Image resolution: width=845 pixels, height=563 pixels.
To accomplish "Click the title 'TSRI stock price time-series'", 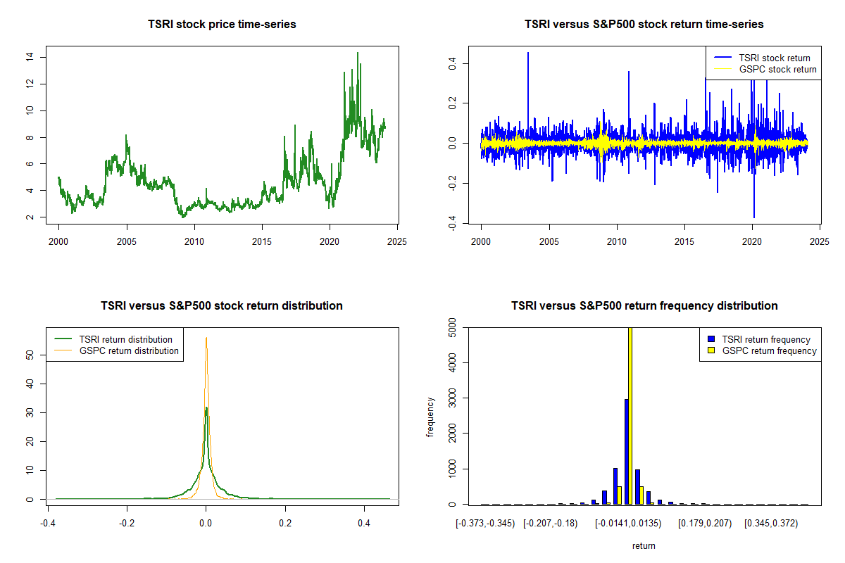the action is (x=222, y=24).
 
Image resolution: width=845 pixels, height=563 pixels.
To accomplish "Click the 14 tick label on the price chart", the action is (x=30, y=57).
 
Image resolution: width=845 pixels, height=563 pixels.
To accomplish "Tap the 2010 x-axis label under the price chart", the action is (x=194, y=241).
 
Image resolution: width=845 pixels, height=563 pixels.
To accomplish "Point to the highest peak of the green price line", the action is (x=358, y=53).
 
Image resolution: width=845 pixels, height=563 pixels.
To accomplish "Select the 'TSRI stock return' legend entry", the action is (x=762, y=58).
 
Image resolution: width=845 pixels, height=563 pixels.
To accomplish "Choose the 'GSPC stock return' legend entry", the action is (x=765, y=69).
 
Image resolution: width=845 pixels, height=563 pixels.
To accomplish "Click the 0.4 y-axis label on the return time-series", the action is (x=452, y=64).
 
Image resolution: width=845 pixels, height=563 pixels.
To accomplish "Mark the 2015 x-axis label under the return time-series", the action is (x=684, y=241).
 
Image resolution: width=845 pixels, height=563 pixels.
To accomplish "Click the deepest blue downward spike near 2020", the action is (x=754, y=217).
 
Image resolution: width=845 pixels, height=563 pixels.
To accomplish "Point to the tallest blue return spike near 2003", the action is (x=528, y=53).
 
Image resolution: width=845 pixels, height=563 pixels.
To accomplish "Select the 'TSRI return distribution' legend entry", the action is (x=113, y=339).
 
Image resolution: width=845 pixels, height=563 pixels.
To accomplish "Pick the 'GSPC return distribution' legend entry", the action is (x=116, y=350).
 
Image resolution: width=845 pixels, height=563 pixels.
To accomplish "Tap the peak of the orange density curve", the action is (x=206, y=338).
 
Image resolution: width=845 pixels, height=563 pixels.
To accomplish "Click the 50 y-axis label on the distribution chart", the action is (x=30, y=355).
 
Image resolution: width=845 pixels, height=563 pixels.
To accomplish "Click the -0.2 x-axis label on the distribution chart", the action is (x=126, y=523).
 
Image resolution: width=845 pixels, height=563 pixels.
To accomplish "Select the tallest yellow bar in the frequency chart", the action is (x=630, y=415).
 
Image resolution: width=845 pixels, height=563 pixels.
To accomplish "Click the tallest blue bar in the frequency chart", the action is (x=627, y=451).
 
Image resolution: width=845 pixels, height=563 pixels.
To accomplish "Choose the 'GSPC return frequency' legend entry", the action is (x=763, y=350).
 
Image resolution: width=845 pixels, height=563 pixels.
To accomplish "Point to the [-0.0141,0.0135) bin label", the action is (x=628, y=524).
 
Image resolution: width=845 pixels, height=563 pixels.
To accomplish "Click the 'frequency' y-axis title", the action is (x=430, y=417).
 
